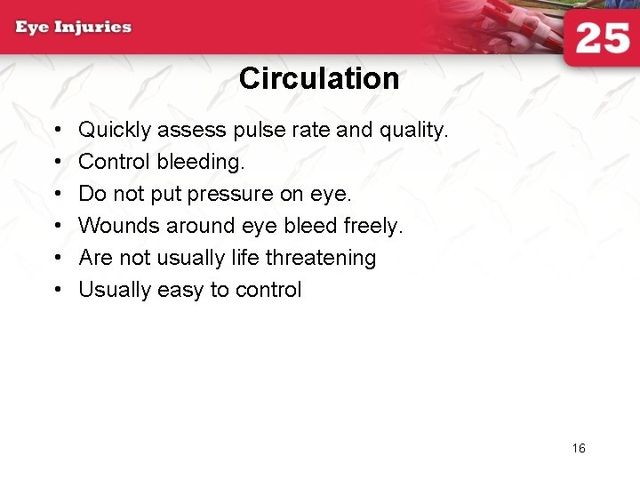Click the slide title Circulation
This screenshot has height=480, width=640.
tap(319, 79)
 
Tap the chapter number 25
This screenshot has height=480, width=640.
tap(603, 40)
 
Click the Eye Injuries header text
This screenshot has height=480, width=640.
tap(73, 27)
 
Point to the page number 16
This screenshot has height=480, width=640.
tap(579, 448)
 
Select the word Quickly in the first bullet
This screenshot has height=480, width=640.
tap(115, 131)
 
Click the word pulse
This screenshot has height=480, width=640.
tap(256, 131)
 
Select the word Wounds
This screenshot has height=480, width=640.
tap(119, 227)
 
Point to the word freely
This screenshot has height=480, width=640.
tap(373, 227)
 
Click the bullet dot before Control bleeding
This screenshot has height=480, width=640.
tap(57, 163)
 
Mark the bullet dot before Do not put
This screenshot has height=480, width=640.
tap(57, 195)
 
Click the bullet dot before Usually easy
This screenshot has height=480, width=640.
tap(57, 291)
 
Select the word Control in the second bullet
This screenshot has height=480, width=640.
tap(115, 163)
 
